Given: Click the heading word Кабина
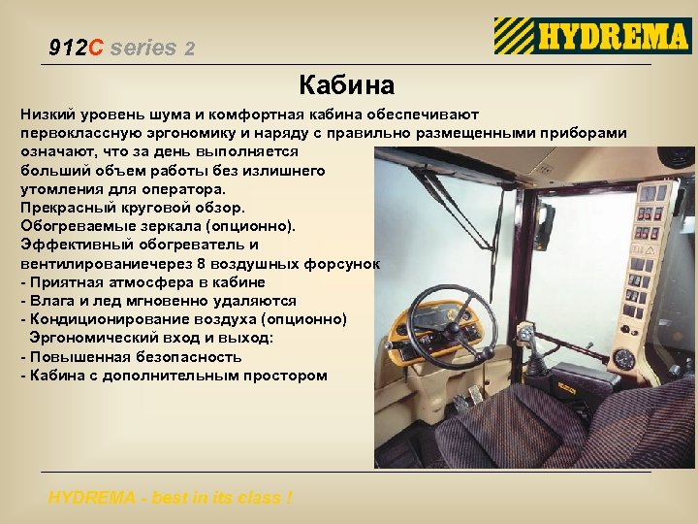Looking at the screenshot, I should tap(346, 85).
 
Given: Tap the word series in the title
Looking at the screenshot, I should tap(144, 48).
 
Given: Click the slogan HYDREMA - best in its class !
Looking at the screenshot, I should tap(170, 498).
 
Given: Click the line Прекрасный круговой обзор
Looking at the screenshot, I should tap(133, 208).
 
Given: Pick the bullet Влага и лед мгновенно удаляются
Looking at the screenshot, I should tap(163, 301).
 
